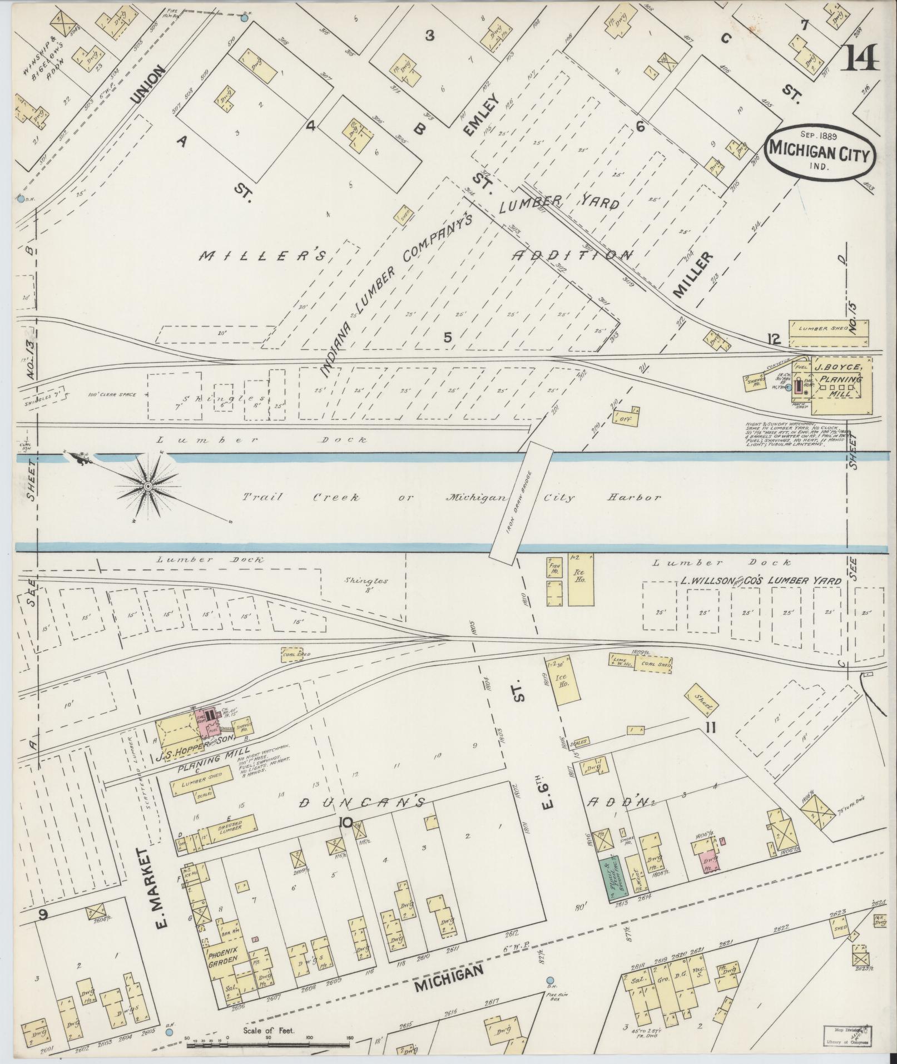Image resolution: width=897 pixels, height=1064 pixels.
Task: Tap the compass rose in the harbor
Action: [148, 487]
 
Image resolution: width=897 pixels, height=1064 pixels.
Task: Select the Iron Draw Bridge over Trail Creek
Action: [521, 501]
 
